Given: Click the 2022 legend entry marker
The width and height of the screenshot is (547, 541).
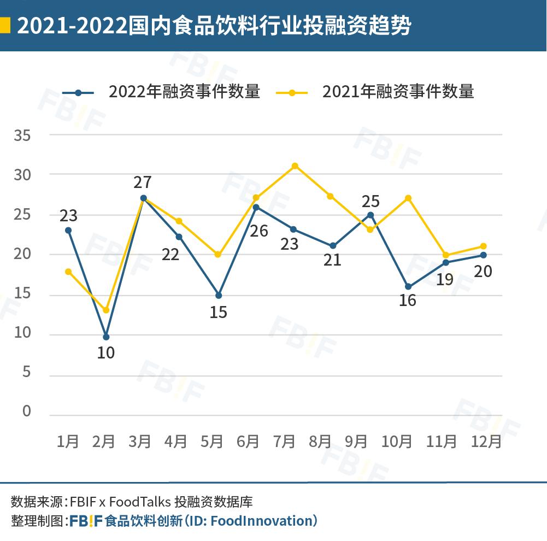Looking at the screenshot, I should point(78,92).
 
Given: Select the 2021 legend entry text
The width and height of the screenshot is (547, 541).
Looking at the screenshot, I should point(398,92).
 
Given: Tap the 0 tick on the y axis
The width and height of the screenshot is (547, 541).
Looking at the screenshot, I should point(27,411).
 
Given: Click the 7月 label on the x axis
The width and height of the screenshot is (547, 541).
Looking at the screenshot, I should point(284,441).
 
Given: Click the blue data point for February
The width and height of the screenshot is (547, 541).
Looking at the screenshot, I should point(106,337).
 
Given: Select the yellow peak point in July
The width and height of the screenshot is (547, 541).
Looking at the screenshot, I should point(295,166).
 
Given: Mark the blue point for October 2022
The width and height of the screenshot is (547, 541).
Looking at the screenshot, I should point(408,286).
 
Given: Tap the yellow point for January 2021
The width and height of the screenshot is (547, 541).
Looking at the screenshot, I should point(68,272).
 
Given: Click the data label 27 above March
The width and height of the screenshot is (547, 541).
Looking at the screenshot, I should point(143,182).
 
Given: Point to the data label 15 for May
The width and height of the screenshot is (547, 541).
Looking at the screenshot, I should point(218,313).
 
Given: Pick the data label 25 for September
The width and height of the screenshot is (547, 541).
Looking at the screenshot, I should point(370,201).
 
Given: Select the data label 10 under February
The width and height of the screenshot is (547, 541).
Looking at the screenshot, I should point(105,353).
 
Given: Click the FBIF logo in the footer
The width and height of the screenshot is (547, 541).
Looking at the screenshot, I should point(86,520).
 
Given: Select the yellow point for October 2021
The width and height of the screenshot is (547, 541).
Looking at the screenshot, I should point(408,198).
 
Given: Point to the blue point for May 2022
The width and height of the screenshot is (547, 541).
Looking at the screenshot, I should point(219,295).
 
